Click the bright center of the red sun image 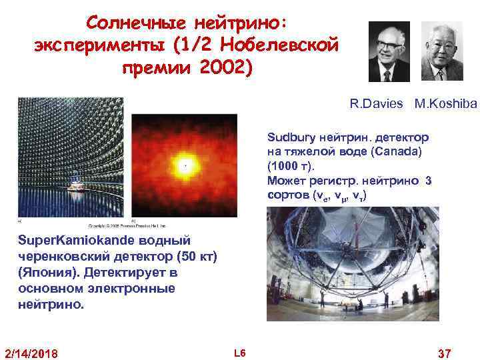[185, 163]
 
